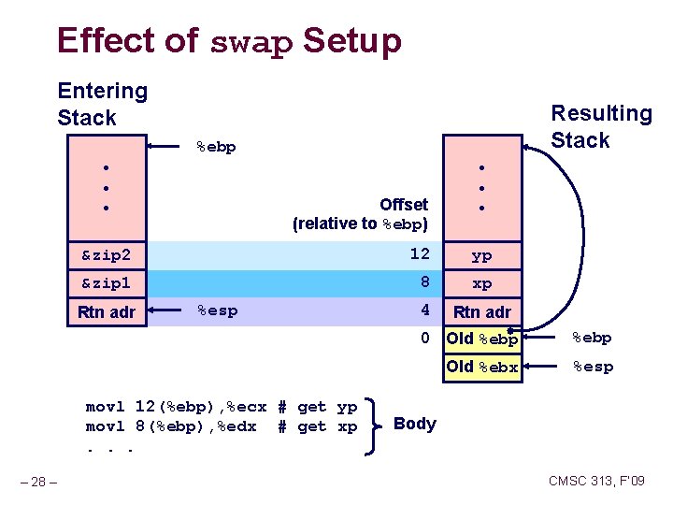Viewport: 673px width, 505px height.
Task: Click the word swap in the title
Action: point(251,42)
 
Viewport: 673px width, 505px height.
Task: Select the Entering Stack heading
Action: point(102,104)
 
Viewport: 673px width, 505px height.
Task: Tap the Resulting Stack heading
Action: point(601,126)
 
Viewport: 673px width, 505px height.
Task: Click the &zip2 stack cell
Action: point(107,254)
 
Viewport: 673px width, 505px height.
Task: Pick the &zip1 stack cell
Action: point(107,282)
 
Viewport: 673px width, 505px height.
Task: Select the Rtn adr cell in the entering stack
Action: point(107,311)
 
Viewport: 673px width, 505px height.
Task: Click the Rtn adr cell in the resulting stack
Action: point(481,311)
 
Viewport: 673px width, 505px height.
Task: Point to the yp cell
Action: point(481,254)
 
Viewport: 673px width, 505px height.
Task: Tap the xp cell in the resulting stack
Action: point(481,282)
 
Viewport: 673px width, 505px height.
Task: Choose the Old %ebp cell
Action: point(481,339)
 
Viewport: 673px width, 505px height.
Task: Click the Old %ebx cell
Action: point(481,367)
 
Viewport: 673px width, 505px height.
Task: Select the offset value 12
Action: point(420,254)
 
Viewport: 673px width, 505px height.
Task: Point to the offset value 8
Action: point(423,282)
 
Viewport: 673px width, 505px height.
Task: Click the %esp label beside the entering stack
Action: point(217,310)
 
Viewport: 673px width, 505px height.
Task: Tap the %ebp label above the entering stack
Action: point(216,147)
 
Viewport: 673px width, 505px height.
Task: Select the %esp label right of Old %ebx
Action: point(593,367)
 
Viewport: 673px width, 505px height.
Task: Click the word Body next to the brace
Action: point(415,424)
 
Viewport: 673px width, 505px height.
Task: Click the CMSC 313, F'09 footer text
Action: point(596,481)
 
